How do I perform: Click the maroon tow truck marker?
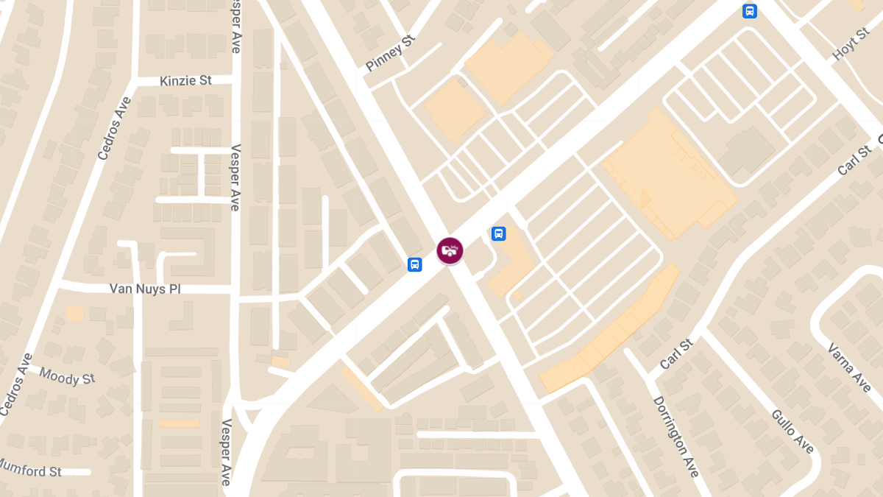point(450,250)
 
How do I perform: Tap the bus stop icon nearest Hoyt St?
point(749,11)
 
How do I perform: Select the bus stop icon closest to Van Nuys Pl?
point(414,264)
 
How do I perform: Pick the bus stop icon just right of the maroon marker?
point(498,234)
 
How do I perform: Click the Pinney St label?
point(390,57)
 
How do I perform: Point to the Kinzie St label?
point(185,80)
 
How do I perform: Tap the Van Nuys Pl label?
point(145,289)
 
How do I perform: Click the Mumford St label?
point(31,469)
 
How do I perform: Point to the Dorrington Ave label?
point(675,436)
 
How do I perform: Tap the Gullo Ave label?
point(792,431)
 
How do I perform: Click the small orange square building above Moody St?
point(74,314)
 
